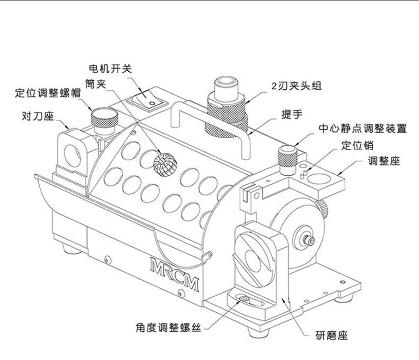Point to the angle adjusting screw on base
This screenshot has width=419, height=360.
(245, 302)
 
